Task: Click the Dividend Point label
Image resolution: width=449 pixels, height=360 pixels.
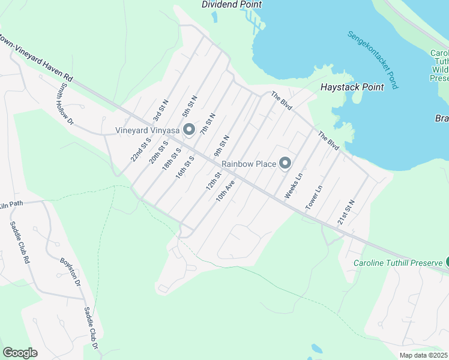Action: coord(232,4)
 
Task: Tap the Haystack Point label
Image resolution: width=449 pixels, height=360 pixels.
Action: coord(352,87)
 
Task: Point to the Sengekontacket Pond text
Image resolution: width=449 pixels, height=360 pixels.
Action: coord(372,60)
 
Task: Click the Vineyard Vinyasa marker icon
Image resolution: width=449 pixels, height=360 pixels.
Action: coord(189,130)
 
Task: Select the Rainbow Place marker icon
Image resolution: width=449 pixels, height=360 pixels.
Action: coord(285,163)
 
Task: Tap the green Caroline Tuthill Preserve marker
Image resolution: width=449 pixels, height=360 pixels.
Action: coord(446,262)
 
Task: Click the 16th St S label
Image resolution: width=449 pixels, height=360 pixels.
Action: coord(185,167)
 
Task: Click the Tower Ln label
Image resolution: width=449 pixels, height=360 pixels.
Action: coord(314,196)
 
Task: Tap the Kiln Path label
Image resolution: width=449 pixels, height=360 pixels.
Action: coord(11,204)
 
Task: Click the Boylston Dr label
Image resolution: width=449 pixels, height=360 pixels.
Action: coord(70,271)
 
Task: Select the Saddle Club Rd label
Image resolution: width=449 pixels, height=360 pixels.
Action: coord(19,243)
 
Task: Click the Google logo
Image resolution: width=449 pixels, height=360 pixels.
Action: coord(20,353)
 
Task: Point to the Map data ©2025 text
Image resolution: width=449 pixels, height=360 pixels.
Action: coord(423,355)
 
